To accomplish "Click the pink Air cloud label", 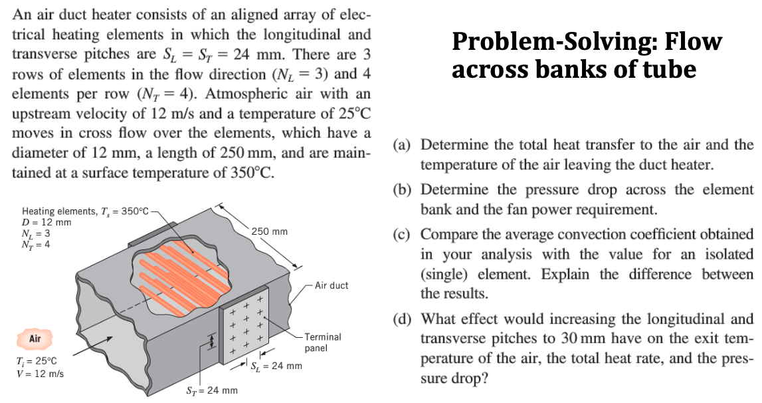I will pyautogui.click(x=35, y=339).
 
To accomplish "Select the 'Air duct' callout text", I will pyautogui.click(x=331, y=285).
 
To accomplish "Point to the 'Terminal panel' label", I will pyautogui.click(x=322, y=342).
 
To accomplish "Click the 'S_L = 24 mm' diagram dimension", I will pyautogui.click(x=276, y=366).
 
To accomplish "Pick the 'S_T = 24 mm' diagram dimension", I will pyautogui.click(x=210, y=390).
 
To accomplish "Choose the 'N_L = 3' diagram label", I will pyautogui.click(x=37, y=233).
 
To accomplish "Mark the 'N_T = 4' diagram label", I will pyautogui.click(x=37, y=244).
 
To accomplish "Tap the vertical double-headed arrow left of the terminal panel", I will pyautogui.click(x=212, y=342).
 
